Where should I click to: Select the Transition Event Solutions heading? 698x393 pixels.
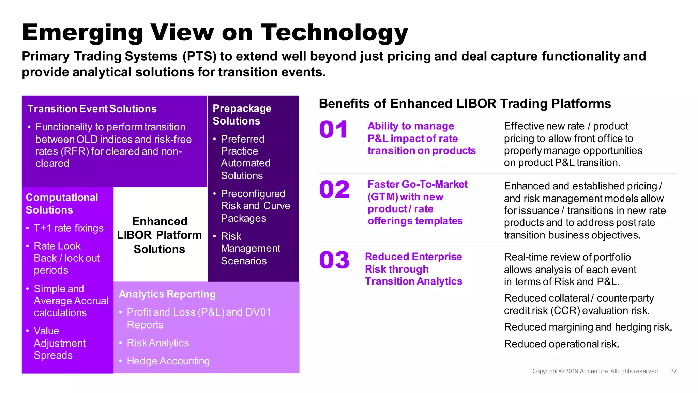point(92,109)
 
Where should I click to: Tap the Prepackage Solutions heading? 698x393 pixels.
point(242,115)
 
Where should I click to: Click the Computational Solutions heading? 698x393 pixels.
point(62,204)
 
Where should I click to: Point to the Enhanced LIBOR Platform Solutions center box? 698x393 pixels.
point(160,235)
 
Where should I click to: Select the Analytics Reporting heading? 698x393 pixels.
point(167,294)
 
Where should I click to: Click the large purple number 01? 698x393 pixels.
point(333,130)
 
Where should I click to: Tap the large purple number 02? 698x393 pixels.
point(334,190)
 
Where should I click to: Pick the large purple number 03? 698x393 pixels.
point(334,260)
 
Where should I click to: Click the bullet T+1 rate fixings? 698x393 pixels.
point(69,228)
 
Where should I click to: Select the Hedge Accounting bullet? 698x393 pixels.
point(168,361)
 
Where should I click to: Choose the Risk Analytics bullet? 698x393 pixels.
point(158,343)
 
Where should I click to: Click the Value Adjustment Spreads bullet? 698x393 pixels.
point(59,343)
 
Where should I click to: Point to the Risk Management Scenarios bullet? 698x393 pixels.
point(250,249)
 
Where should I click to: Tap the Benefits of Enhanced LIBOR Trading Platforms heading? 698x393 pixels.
point(465,104)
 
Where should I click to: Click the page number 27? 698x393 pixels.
point(673,371)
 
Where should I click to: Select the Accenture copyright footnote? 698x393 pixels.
point(595,371)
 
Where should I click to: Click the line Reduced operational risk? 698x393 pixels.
point(561,344)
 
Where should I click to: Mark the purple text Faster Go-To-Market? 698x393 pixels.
point(418,185)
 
